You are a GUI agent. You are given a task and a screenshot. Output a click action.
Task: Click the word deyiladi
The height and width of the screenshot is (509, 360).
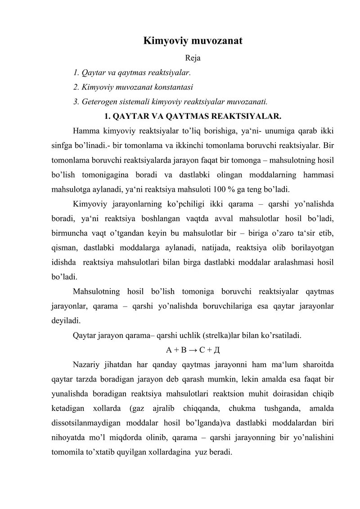tap(65, 321)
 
